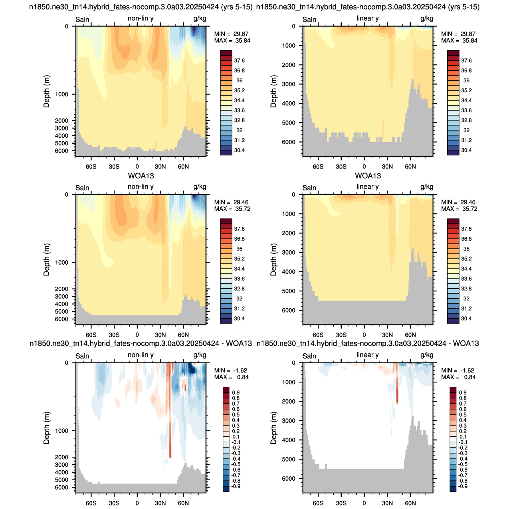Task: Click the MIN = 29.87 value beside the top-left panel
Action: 231,34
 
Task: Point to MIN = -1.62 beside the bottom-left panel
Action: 231,370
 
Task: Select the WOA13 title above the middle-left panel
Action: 141,176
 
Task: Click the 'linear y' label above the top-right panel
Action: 367,18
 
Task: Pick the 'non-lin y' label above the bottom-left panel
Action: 141,355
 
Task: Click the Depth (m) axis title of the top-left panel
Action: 46,91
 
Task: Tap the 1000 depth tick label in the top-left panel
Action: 61,94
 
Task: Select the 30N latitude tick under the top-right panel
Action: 387,167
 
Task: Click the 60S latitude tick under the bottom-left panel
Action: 91,503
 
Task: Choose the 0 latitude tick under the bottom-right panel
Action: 364,503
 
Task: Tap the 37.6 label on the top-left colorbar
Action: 239,61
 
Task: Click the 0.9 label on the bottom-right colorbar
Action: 463,392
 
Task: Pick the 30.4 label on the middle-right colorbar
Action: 466,318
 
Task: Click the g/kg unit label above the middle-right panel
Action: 427,187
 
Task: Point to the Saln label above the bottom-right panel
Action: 309,356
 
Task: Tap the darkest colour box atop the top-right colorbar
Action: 453,53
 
